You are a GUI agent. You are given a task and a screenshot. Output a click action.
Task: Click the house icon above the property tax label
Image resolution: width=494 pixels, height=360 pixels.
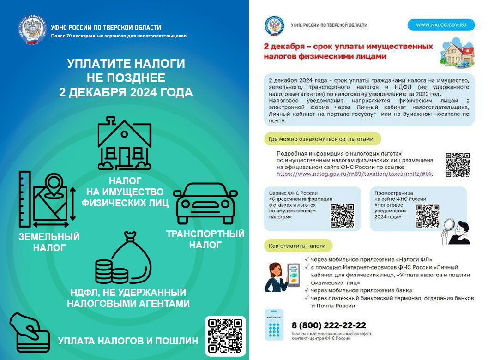tap(124, 144)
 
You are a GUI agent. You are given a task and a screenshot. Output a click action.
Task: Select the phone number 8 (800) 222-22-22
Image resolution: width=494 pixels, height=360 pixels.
tap(329, 325)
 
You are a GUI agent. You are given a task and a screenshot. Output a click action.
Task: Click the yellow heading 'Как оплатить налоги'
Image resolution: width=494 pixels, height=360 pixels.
tap(301, 246)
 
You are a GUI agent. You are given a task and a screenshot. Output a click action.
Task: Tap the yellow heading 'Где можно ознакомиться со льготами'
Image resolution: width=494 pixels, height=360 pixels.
tap(322, 139)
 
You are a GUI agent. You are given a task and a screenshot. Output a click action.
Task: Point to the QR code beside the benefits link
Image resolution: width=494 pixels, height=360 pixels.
tap(458, 165)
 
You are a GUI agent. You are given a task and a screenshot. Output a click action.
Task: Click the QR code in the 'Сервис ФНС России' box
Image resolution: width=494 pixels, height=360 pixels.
tap(342, 215)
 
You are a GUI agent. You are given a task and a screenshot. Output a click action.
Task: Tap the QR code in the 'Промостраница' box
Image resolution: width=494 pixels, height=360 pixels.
tap(428, 215)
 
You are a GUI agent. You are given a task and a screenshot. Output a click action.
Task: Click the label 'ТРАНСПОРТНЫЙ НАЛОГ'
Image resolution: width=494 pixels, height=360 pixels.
tap(205, 239)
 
